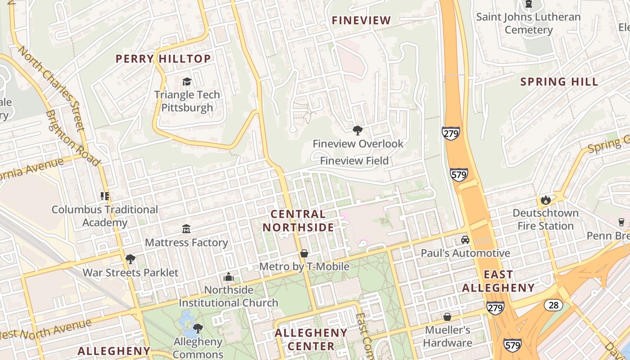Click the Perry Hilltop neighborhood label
pos(163,59)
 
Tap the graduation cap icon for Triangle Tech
pos(187,81)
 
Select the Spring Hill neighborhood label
pos(559,82)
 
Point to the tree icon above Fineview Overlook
pos(358,130)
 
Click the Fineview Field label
pos(354,161)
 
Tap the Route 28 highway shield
pos(553,305)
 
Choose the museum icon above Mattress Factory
pos(186,229)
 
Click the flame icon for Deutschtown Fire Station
pos(546,199)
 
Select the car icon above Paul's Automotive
pos(465,240)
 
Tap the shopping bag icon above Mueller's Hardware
pos(447,317)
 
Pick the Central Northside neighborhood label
pos(298,220)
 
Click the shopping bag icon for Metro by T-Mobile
pos(304,253)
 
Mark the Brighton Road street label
pos(72,138)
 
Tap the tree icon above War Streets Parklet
pos(130,259)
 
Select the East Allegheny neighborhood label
pos(498,281)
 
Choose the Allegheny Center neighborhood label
pos(311,339)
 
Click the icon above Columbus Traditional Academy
pos(105,196)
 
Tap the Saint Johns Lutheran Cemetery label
pos(528,23)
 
